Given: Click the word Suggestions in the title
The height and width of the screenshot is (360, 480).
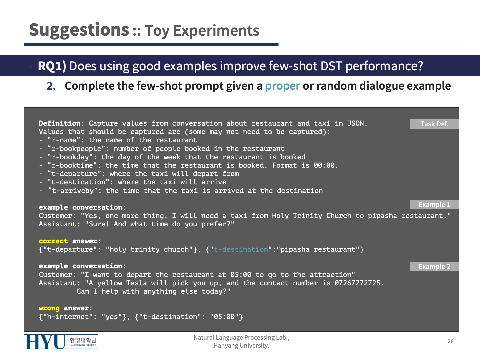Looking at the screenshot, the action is tap(79, 30).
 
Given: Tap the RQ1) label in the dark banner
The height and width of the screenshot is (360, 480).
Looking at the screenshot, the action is tap(52, 66).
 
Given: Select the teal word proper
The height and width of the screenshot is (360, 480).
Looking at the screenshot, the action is tap(282, 86).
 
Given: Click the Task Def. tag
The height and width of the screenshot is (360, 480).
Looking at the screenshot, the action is tap(434, 124).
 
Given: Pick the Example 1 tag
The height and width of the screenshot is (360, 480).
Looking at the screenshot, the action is tap(434, 204).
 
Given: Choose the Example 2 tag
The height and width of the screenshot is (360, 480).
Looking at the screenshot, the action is tap(434, 266).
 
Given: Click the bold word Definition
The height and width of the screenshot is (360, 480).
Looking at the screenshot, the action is tap(59, 123).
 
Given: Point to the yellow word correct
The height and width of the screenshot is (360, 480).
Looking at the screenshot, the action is tap(53, 241).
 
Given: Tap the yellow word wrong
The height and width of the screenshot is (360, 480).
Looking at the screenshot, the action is tap(49, 308).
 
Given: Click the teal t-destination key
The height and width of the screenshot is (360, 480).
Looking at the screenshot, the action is tap(241, 249).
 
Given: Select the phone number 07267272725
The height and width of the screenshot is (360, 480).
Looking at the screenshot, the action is tap(357, 283).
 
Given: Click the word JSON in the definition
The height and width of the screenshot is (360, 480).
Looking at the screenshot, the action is tap(355, 123).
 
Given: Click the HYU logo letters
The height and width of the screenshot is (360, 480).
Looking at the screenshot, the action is tap(45, 342).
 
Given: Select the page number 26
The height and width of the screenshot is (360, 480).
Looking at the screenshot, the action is tap(450, 341).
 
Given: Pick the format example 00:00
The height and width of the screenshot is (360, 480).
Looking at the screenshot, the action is tap(324, 165).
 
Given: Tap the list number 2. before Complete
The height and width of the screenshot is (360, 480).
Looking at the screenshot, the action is tap(51, 86).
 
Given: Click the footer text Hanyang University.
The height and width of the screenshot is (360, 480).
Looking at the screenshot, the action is tap(241, 346).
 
